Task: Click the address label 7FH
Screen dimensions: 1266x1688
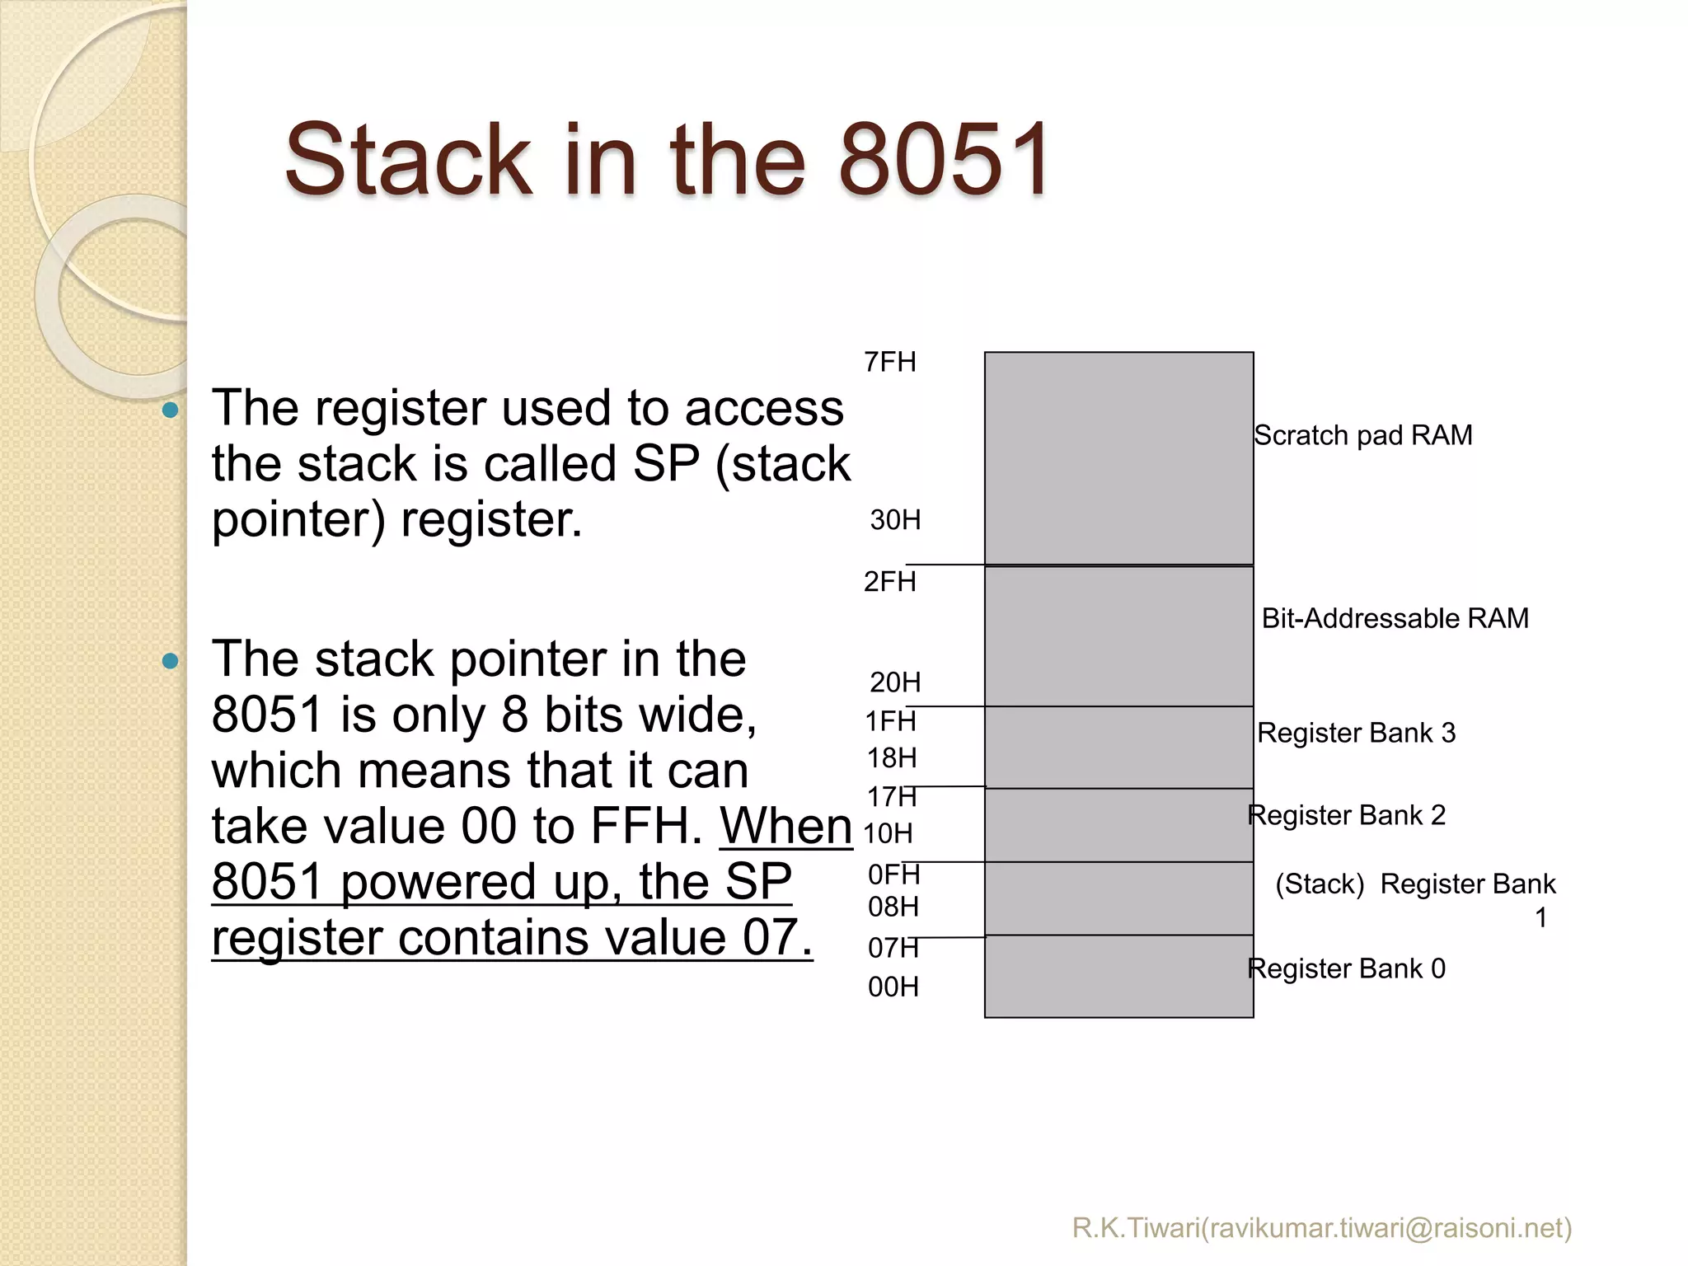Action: click(x=890, y=362)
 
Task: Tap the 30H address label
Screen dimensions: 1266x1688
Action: click(x=895, y=520)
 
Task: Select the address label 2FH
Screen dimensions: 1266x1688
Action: click(x=890, y=582)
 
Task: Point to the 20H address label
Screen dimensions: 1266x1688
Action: click(x=895, y=682)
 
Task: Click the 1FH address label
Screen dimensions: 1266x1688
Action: click(x=890, y=721)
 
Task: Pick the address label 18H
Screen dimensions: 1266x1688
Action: click(x=892, y=757)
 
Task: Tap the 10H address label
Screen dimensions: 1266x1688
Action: click(x=888, y=833)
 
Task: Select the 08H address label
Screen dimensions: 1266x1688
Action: click(x=893, y=907)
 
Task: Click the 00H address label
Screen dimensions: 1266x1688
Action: click(x=893, y=987)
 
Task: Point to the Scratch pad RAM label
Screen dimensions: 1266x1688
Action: click(x=1363, y=435)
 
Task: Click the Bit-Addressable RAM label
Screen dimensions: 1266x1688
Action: click(x=1395, y=618)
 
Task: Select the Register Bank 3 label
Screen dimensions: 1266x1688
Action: click(x=1357, y=733)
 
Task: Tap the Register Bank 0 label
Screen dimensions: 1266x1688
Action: click(x=1347, y=968)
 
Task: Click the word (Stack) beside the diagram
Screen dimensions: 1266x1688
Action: click(x=1320, y=884)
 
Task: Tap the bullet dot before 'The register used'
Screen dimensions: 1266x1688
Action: click(x=171, y=410)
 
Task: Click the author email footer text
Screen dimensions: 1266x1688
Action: click(x=1322, y=1228)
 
